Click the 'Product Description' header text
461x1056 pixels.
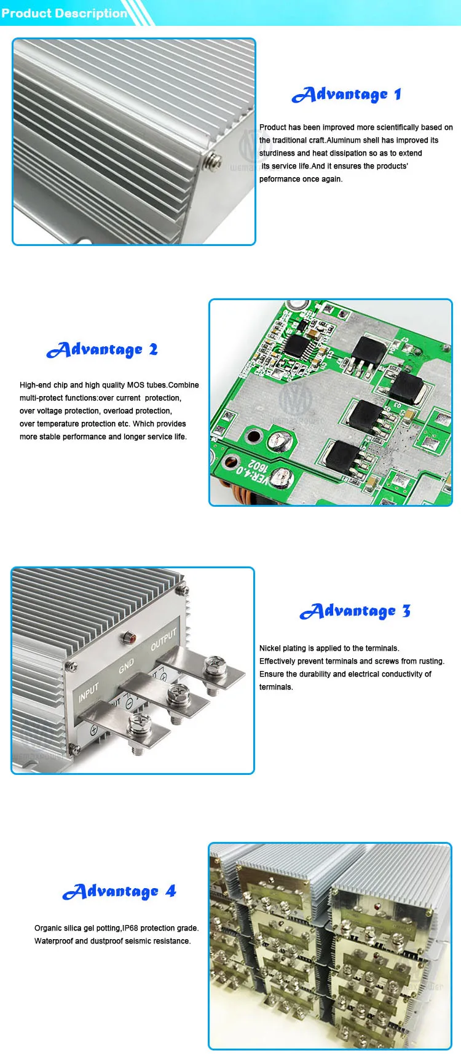click(64, 13)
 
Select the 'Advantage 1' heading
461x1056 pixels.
click(346, 95)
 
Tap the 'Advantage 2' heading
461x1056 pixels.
click(102, 350)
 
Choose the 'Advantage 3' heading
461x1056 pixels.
click(355, 611)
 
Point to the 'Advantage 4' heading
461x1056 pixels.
click(119, 892)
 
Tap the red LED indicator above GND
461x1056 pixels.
click(130, 637)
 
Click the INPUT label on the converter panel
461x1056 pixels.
click(89, 693)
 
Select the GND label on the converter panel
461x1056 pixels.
click(126, 666)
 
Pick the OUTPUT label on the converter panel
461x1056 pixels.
click(164, 640)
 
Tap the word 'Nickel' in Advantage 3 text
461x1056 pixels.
click(270, 648)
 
